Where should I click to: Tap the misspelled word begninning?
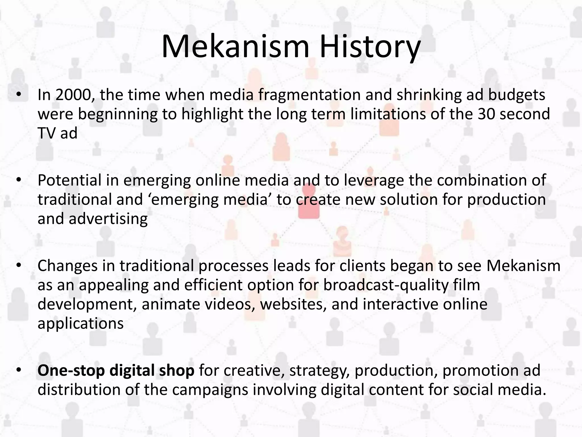pyautogui.click(x=117, y=114)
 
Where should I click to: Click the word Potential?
pyautogui.click(x=69, y=180)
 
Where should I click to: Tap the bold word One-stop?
pyautogui.click(x=71, y=371)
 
